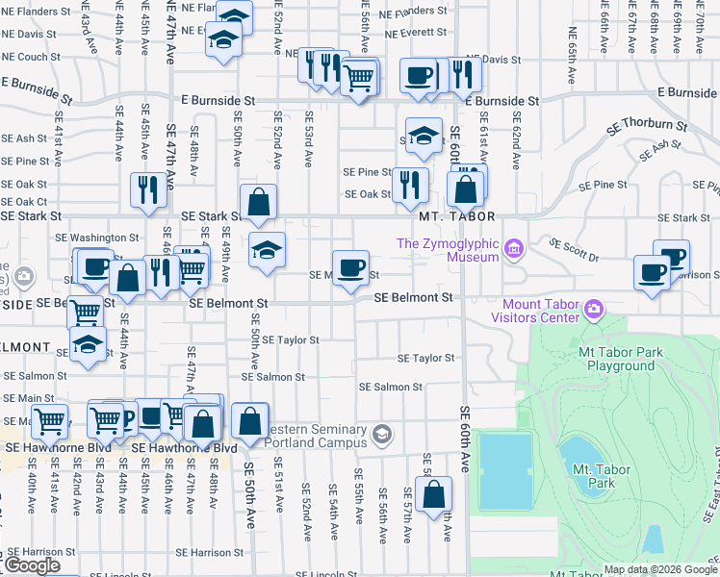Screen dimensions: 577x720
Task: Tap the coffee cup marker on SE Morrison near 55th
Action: click(x=351, y=266)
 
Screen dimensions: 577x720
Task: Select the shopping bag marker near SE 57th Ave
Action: click(x=434, y=494)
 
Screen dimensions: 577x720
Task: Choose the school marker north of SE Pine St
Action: click(x=423, y=137)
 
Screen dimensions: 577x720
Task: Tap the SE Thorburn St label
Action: click(x=646, y=126)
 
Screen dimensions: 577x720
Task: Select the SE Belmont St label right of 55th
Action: click(x=413, y=298)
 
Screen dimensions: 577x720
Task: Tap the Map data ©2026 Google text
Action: click(x=660, y=569)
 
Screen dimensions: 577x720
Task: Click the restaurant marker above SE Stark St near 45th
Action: click(x=148, y=188)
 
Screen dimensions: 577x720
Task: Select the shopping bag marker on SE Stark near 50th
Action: click(x=258, y=202)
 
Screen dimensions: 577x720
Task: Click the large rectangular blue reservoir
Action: click(x=505, y=471)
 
